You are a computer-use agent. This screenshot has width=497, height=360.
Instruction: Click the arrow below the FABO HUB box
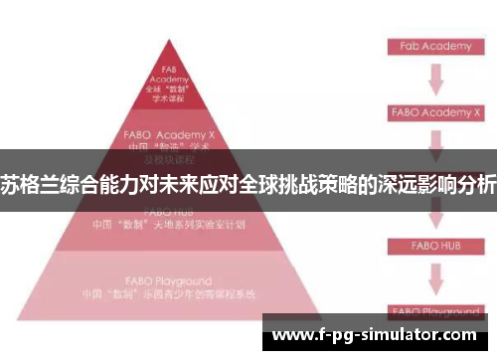point(433,273)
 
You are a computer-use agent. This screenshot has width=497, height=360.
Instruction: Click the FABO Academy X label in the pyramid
point(168,132)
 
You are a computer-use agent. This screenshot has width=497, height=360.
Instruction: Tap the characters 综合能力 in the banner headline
point(91,184)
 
